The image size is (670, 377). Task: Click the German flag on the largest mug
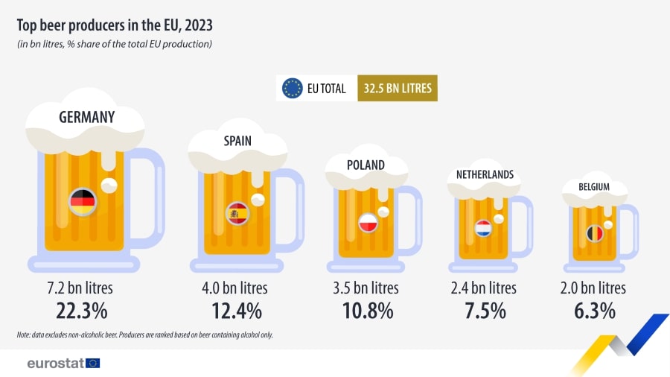tap(82, 200)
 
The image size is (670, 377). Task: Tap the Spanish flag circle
tap(237, 214)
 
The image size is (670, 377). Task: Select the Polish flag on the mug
tap(368, 222)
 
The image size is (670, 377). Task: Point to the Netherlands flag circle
tap(482, 228)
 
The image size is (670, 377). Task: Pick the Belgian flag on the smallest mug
tap(594, 233)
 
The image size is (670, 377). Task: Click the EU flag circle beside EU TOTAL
tap(292, 88)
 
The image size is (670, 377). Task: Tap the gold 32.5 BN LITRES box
tap(397, 88)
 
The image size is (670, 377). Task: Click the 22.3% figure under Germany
tap(82, 310)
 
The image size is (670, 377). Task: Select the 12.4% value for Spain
tap(237, 310)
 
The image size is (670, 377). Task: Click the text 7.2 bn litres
tap(82, 288)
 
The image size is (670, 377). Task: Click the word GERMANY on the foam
tap(87, 117)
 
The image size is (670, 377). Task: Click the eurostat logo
tap(63, 363)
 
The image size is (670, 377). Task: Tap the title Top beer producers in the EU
tap(115, 25)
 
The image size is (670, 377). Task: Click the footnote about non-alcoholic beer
tap(144, 335)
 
